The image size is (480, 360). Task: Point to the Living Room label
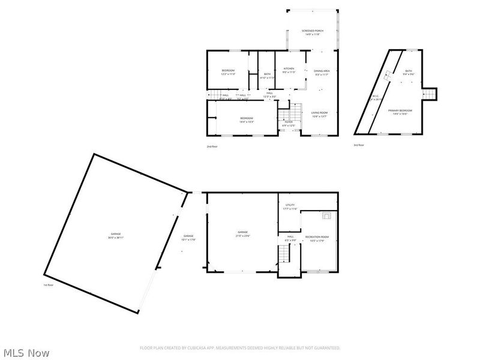(319, 114)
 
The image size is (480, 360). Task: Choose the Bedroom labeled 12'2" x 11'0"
(228, 72)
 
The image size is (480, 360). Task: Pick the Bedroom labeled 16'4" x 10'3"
(247, 119)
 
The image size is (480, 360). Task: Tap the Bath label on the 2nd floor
(267, 75)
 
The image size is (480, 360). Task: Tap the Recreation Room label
(316, 239)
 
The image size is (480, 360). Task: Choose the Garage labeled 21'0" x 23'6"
(242, 233)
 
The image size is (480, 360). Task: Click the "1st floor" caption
(48, 285)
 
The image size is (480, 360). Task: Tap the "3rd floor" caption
(359, 145)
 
